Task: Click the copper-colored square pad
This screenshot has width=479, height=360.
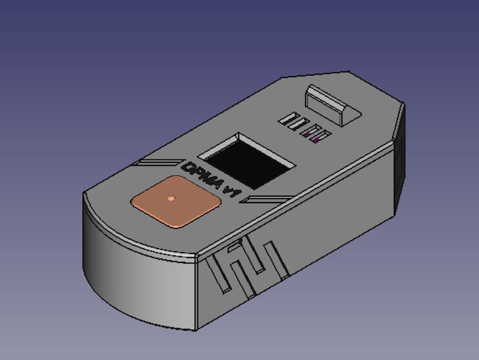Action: coord(175,201)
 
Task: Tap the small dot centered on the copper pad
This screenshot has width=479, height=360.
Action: coord(171,198)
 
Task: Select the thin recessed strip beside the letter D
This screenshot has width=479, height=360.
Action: coord(157,162)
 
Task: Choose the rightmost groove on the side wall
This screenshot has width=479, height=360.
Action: coord(281,261)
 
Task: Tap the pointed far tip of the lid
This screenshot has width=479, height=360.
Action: coord(348,71)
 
